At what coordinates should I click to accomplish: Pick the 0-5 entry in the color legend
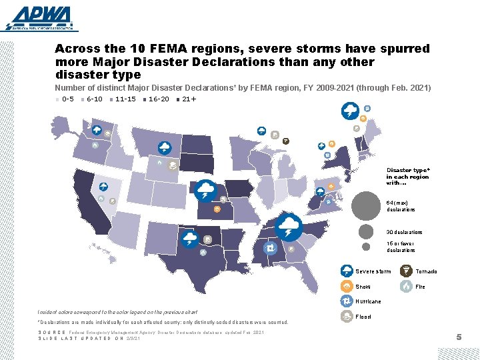pos(64,99)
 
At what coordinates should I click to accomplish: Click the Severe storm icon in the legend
pos(346,271)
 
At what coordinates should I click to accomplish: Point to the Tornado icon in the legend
pos(405,271)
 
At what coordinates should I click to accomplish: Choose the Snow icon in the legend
pos(346,286)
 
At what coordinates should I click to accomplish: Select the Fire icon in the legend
pos(405,286)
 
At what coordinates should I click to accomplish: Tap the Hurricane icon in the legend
pos(346,301)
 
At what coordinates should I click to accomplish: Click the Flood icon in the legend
pos(346,317)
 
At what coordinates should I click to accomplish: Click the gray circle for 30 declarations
pos(366,231)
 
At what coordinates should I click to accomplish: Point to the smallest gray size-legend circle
pos(366,247)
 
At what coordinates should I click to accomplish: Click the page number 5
pos(459,337)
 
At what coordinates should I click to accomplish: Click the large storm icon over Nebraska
pos(206,189)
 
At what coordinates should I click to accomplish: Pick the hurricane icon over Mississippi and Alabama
pos(271,248)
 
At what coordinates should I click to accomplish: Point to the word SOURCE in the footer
pos(52,332)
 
